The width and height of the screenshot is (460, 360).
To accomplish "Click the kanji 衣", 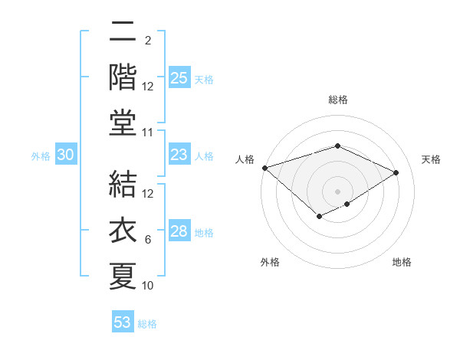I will click(x=123, y=229).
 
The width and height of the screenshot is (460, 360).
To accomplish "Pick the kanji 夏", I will click(x=123, y=275).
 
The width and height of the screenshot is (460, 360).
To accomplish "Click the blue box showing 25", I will click(x=179, y=78).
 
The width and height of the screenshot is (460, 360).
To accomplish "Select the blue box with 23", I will click(x=179, y=155).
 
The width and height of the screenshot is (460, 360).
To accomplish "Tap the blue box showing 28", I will click(x=179, y=231).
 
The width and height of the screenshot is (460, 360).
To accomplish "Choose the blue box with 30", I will click(x=65, y=155).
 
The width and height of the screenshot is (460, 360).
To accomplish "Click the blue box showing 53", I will click(x=123, y=322).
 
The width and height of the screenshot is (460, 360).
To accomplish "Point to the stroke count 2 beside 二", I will click(x=148, y=41).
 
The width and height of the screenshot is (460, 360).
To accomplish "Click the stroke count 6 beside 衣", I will click(x=148, y=240).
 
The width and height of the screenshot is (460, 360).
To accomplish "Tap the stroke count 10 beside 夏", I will click(x=148, y=286).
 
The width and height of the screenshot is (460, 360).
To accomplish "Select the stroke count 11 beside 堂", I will click(x=148, y=133).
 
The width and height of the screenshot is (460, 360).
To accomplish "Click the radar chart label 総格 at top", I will click(x=338, y=100).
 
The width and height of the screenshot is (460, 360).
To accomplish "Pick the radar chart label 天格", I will click(x=431, y=159).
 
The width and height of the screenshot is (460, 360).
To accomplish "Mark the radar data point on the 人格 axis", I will click(x=264, y=167).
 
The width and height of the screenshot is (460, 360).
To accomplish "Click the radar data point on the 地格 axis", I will click(x=347, y=204).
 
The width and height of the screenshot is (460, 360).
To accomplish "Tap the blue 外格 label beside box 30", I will click(x=41, y=156).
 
